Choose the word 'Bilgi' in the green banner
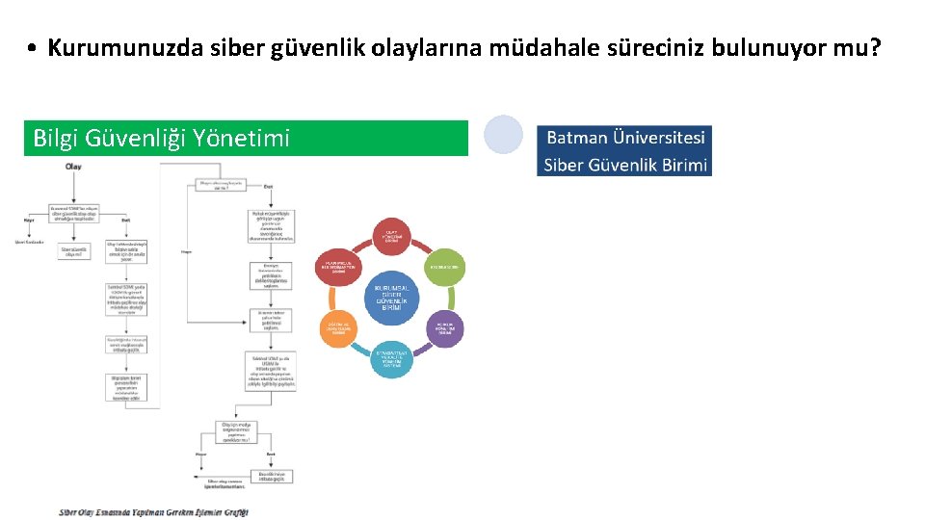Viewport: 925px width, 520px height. point(56,139)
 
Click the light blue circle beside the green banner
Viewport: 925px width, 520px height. point(503,135)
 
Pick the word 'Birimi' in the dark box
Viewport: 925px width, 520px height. point(684,165)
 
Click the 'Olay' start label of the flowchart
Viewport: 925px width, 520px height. point(72,167)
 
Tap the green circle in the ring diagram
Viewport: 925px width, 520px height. point(444,267)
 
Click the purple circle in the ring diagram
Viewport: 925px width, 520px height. point(444,327)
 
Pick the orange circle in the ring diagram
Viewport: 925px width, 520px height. point(339,328)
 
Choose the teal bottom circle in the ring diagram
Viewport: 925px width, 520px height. point(392,358)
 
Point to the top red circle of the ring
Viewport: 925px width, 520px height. point(392,236)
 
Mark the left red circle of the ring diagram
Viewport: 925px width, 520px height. point(339,267)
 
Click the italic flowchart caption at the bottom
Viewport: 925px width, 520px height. point(154,512)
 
